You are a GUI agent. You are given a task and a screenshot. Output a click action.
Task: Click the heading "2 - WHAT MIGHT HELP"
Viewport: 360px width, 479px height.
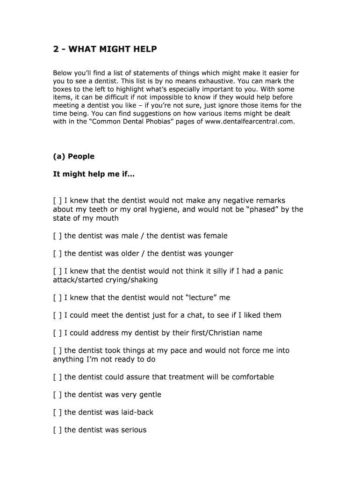pyautogui.click(x=105, y=49)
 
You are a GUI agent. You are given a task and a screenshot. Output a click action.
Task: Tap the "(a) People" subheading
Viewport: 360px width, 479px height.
pyautogui.click(x=73, y=156)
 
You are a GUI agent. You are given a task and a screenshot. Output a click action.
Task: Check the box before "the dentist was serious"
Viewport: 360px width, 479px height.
pyautogui.click(x=58, y=430)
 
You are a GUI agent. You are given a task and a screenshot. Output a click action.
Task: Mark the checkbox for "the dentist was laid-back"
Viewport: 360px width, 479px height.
pyautogui.click(x=58, y=412)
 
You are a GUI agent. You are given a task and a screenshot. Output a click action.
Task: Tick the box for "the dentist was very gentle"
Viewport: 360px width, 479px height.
pyautogui.click(x=58, y=394)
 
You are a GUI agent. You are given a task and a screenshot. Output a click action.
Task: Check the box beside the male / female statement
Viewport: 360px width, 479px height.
pyautogui.click(x=58, y=236)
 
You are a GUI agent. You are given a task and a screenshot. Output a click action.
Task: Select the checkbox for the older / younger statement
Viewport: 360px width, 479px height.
pyautogui.click(x=58, y=254)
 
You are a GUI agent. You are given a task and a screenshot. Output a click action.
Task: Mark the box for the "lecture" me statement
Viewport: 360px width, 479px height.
pyautogui.click(x=58, y=298)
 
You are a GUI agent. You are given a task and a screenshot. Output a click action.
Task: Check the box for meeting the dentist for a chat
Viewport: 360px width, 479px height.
pyautogui.click(x=58, y=315)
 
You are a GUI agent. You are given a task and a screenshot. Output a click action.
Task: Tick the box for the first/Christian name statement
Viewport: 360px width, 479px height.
pyautogui.click(x=58, y=333)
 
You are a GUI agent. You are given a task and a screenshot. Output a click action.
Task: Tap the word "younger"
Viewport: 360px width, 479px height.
pyautogui.click(x=218, y=254)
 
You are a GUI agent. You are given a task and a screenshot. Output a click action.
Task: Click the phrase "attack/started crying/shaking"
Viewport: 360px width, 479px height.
pyautogui.click(x=105, y=280)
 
